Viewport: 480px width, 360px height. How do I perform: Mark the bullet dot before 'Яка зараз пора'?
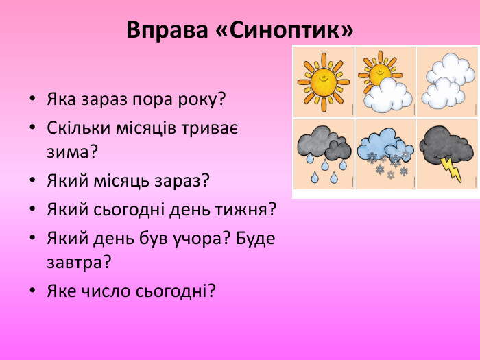coord(33,100)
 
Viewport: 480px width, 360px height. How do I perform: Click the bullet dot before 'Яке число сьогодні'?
coord(33,291)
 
